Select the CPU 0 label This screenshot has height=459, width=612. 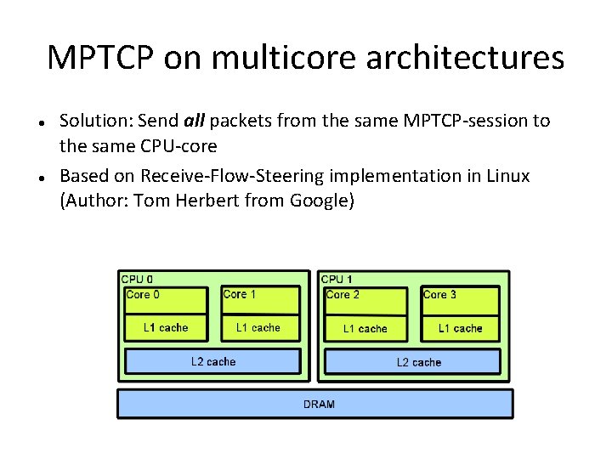coord(138,279)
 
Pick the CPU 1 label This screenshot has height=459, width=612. coord(337,279)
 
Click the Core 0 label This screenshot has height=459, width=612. coord(143,295)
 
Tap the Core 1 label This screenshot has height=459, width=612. coord(239,294)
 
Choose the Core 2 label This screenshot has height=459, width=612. coord(343,295)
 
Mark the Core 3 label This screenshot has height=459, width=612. coord(439,295)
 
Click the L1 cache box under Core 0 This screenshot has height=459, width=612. coord(166,327)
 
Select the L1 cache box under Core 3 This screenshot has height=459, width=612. coord(460,328)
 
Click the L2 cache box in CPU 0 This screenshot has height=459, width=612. coord(212,361)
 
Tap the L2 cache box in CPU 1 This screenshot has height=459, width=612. coord(418,362)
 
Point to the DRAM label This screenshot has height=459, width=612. coord(319,404)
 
